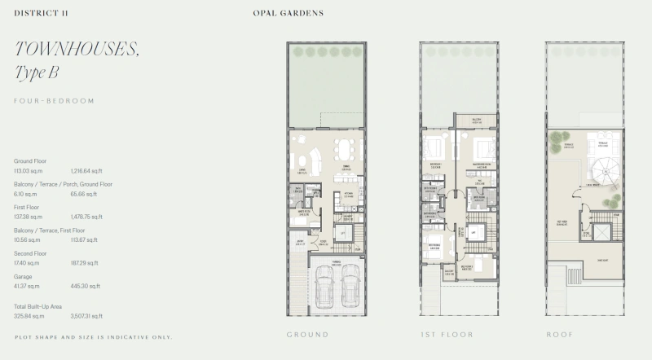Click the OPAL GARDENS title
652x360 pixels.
[x=289, y=14]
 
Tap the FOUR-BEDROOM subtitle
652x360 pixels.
[x=55, y=101]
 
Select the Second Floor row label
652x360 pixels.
[x=31, y=253]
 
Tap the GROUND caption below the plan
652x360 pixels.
[x=307, y=335]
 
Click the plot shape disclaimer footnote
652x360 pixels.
[x=94, y=337]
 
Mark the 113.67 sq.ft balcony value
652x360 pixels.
[x=86, y=241]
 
